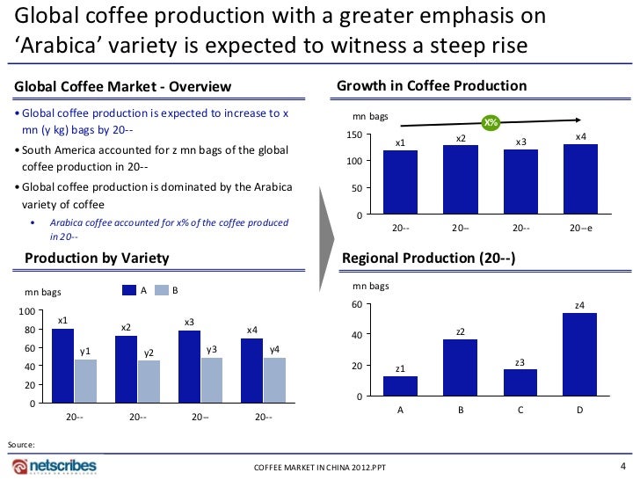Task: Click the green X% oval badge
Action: [x=488, y=122]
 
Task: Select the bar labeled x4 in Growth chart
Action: [x=580, y=180]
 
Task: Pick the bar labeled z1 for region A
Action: [x=400, y=386]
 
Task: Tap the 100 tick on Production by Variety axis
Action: [x=26, y=311]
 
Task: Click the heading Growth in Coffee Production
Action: [x=432, y=86]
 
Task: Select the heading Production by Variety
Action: [x=91, y=258]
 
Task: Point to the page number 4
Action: [x=623, y=465]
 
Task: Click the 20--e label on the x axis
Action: [x=580, y=228]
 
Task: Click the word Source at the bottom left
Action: [x=20, y=445]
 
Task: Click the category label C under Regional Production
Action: [x=520, y=409]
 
